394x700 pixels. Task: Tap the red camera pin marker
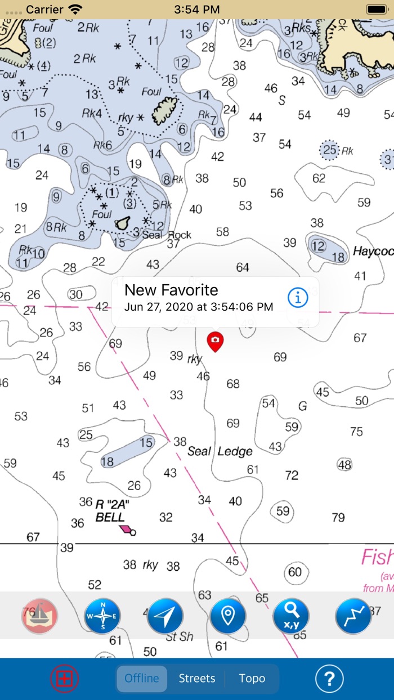point(215,340)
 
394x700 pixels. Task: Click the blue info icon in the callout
point(298,298)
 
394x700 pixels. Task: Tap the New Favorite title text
point(171,290)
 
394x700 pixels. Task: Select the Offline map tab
point(142,678)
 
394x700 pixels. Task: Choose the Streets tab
point(197,678)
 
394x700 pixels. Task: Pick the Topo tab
point(252,678)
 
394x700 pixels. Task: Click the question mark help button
point(329,679)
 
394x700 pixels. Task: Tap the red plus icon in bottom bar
point(65,679)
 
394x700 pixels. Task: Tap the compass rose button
point(102,616)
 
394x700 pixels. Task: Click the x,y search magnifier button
point(291,616)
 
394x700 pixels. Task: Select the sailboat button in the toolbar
point(39,616)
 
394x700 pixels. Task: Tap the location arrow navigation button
point(165,616)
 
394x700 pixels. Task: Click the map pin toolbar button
point(228,616)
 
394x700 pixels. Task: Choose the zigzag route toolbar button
point(353,616)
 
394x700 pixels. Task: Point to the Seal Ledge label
point(220,451)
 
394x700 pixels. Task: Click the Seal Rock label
point(167,235)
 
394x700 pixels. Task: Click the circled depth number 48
point(344,465)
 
